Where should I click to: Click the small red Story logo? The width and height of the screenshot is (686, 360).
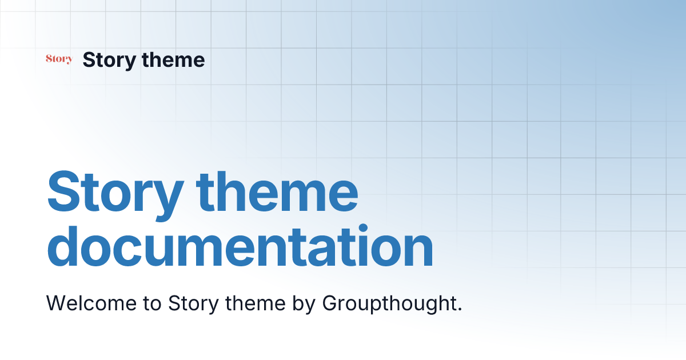click(59, 59)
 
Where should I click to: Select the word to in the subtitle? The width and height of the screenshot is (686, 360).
click(151, 304)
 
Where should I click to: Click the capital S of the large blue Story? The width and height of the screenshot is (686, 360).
click(64, 190)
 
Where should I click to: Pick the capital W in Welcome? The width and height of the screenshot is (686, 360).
click(56, 303)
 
